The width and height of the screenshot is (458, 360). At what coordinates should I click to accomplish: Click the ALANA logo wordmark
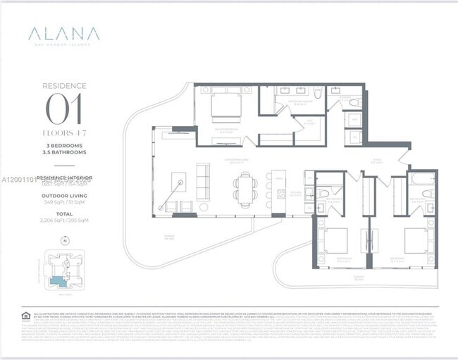pos(64,34)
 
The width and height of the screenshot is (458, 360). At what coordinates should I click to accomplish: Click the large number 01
pos(64,109)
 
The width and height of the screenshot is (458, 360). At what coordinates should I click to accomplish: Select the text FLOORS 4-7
pos(64,132)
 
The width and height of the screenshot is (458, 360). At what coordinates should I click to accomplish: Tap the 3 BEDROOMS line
pos(64,146)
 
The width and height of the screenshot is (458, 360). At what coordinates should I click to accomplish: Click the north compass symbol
pos(64,241)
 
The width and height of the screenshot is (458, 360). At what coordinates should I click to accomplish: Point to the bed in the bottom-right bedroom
pos(415,241)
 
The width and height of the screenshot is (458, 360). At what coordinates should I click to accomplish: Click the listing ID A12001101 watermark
pos(19,180)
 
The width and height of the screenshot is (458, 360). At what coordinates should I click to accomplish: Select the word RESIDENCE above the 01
pos(64,86)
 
